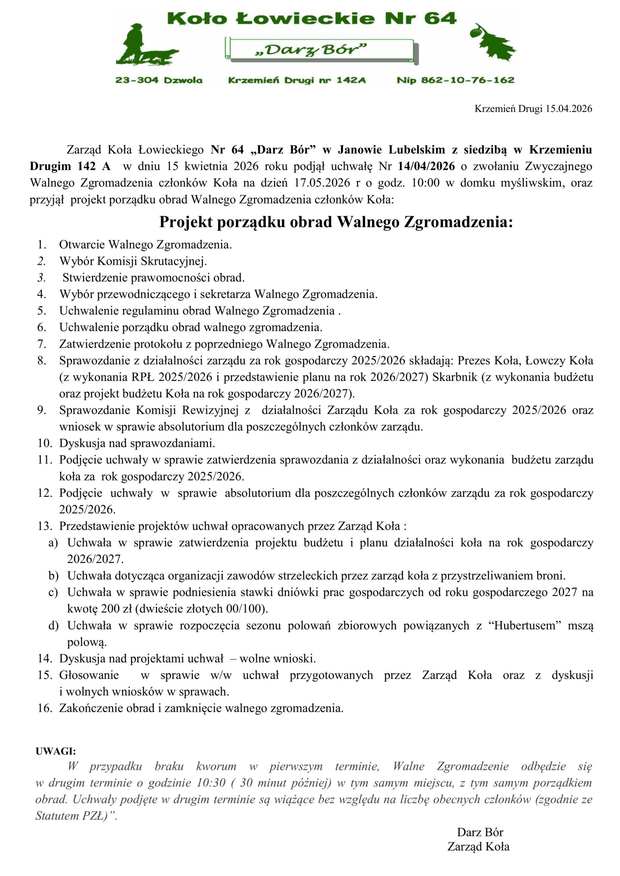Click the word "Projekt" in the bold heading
pyautogui.click(x=186, y=222)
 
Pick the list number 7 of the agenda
pyautogui.click(x=42, y=344)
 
